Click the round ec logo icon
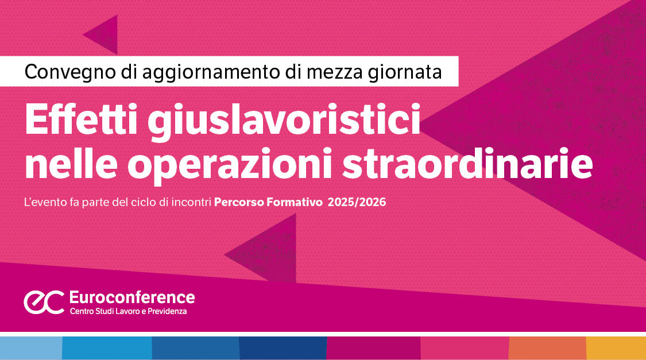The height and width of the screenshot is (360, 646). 44,302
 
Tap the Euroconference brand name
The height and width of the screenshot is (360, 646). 131,297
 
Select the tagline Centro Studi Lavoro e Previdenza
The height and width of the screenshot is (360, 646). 128,311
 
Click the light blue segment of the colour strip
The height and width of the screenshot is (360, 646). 31,348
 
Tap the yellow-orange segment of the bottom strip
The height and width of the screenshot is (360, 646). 616,348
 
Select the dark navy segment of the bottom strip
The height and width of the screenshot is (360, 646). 283,348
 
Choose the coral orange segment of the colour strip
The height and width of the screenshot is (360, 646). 547,348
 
